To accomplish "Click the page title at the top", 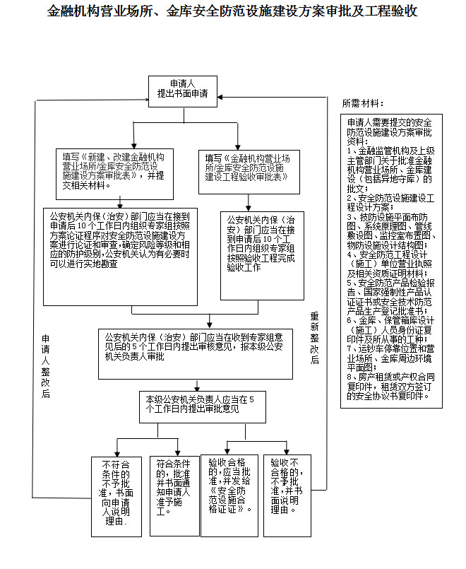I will click(x=232, y=12).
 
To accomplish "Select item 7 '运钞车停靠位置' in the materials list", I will click(x=390, y=358).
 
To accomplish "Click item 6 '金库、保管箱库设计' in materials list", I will click(x=390, y=329).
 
